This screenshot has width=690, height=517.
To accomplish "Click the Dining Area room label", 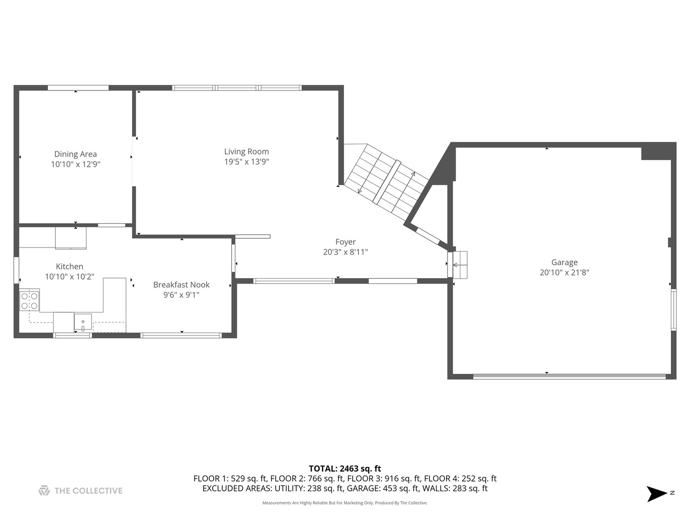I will tap(75, 154).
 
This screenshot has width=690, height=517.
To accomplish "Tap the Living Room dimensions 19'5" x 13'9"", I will tap(246, 162).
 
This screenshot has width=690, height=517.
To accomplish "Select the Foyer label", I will tap(345, 242).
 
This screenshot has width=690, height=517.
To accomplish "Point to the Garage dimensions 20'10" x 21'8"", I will tap(564, 272).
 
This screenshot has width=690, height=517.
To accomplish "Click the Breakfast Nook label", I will tap(181, 284).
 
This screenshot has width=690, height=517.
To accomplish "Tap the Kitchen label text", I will tap(69, 267).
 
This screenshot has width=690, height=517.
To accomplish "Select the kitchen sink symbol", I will tap(83, 322).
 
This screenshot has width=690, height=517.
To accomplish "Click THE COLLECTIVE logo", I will tap(80, 491).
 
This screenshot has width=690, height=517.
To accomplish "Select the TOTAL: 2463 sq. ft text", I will tap(345, 469).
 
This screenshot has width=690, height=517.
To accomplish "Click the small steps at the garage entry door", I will tap(460, 264).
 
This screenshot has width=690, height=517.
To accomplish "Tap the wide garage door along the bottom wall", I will tap(569, 376).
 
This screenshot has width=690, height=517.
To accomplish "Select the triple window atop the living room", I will tap(237, 88).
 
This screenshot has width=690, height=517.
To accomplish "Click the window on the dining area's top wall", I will tap(78, 88).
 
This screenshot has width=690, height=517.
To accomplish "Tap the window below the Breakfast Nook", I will tap(181, 335).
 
